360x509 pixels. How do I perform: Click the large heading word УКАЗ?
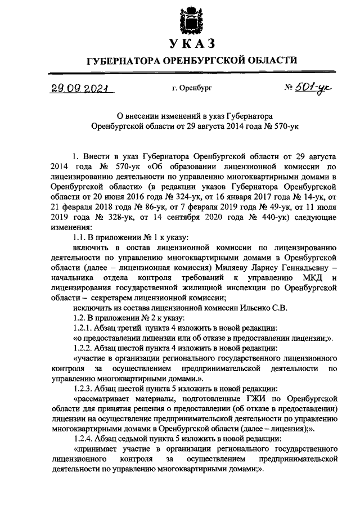pos(191,44)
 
